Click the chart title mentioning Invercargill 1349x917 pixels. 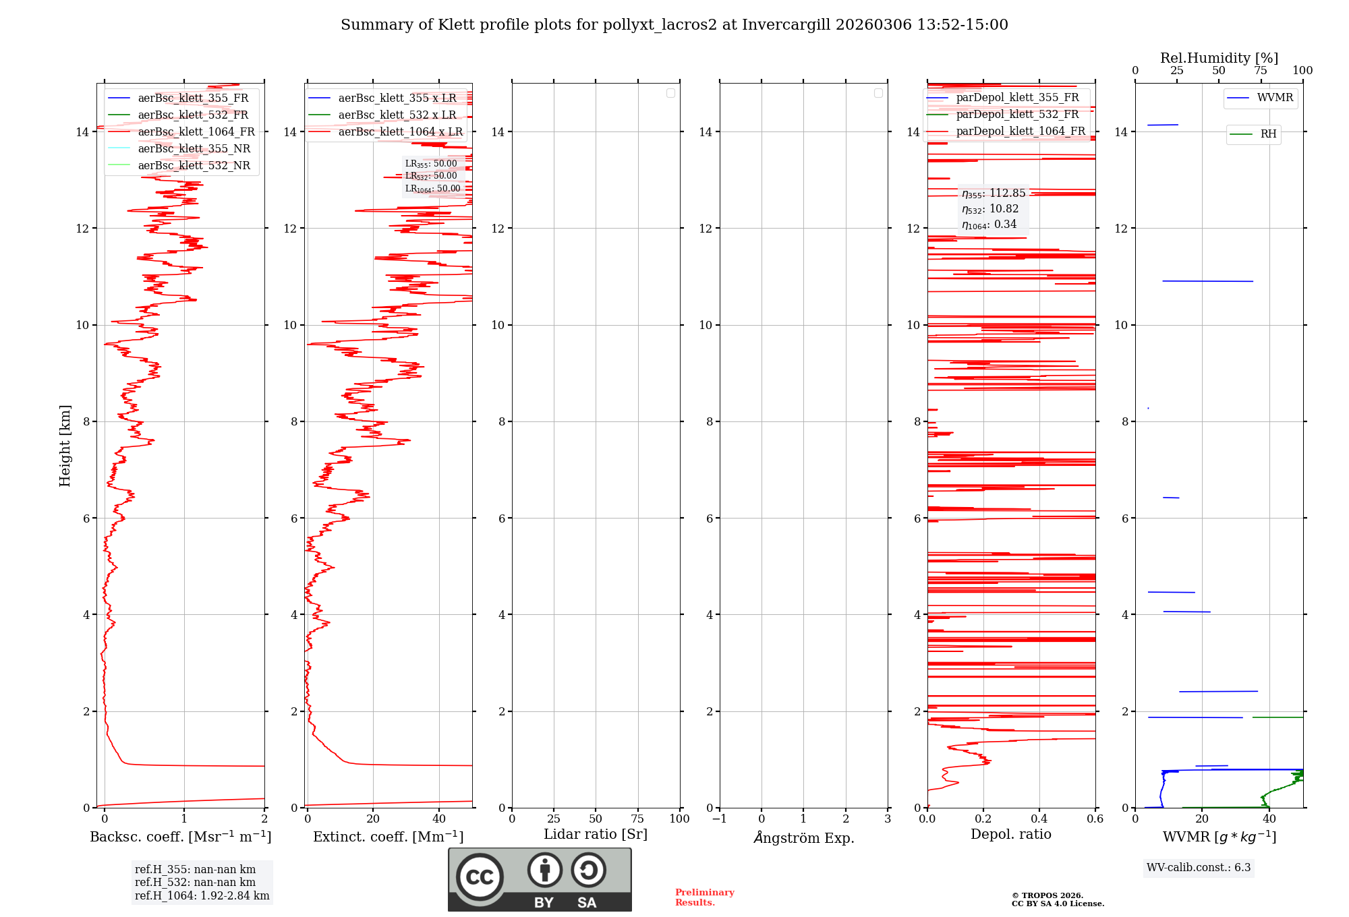(674, 25)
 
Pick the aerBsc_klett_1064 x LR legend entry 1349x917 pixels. (400, 132)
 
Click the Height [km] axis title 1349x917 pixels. (65, 446)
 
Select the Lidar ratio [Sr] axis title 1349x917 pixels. (596, 835)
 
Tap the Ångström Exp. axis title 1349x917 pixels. (803, 838)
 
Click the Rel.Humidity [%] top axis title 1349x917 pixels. (1219, 58)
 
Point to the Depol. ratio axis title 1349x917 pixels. (1010, 835)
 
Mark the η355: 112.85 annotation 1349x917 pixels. (994, 194)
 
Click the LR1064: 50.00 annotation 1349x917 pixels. (432, 189)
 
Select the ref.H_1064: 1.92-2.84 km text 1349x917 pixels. (202, 896)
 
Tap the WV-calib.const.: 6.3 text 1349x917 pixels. (1199, 868)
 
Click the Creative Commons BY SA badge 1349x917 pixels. (540, 880)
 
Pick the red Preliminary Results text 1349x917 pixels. (704, 897)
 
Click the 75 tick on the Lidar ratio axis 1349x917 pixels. (637, 819)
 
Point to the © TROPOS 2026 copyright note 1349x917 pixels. (1057, 899)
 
